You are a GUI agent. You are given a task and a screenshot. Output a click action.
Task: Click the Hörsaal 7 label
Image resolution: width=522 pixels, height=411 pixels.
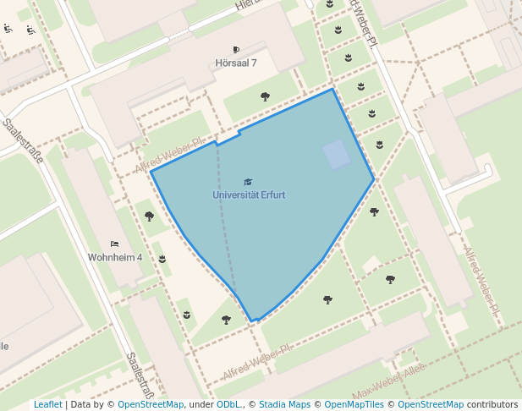(236, 63)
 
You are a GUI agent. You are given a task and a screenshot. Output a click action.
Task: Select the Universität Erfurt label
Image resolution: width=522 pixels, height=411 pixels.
(248, 195)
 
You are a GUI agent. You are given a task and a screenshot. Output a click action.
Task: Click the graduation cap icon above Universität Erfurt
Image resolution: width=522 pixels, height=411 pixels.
(248, 182)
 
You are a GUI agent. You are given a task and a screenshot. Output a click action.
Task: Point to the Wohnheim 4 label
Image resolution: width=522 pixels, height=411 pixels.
(115, 256)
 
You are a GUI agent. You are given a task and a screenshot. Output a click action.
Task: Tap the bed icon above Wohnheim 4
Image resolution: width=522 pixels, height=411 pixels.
(115, 244)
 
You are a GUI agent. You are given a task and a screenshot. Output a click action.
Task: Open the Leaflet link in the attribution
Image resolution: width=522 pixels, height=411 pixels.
(47, 404)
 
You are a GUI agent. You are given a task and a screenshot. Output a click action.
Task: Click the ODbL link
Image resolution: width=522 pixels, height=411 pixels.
(229, 404)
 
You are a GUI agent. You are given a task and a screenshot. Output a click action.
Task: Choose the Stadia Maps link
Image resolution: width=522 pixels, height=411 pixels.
(285, 404)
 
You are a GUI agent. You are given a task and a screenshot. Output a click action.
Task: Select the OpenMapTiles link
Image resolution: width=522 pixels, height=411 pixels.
(354, 404)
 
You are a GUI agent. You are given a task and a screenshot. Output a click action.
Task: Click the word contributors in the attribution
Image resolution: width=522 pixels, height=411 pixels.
(492, 404)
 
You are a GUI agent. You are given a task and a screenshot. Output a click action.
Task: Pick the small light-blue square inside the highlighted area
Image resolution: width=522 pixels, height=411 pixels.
(336, 155)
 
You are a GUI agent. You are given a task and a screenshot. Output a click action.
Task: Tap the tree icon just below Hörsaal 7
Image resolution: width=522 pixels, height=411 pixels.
(265, 96)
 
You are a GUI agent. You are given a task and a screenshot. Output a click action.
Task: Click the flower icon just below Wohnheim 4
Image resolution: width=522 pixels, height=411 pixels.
(162, 259)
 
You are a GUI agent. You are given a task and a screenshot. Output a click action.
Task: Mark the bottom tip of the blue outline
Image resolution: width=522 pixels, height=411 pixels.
(253, 321)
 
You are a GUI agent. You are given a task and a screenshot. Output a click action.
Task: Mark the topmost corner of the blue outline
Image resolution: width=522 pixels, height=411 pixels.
(332, 89)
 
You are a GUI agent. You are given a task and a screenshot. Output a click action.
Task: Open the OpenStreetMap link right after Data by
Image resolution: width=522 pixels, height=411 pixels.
(150, 404)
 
